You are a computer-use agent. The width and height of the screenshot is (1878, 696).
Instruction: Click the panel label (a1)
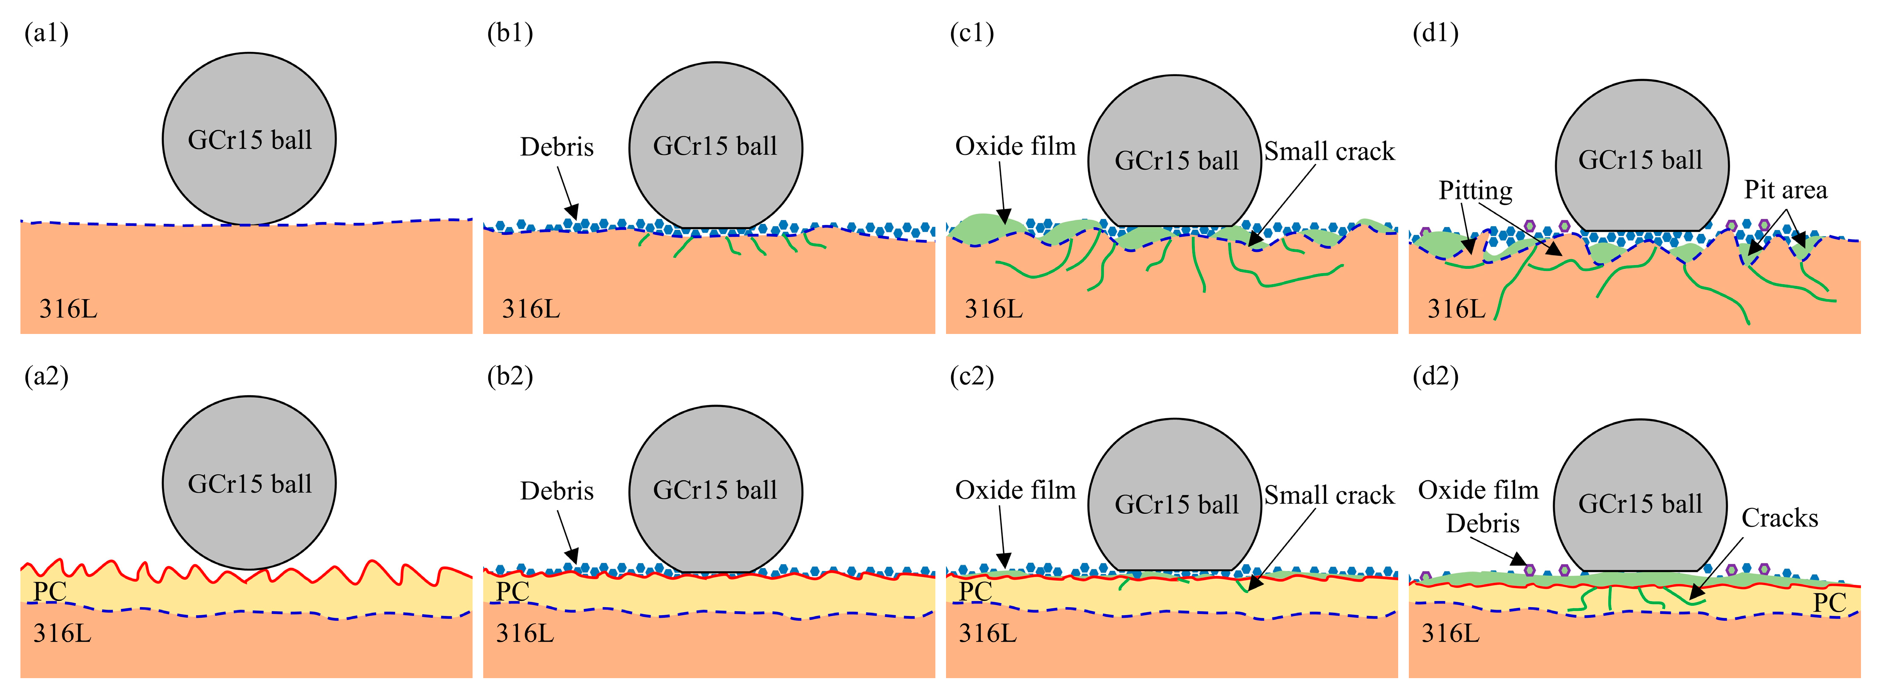coord(46,34)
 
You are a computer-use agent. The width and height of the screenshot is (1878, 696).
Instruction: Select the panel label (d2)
coord(1436,377)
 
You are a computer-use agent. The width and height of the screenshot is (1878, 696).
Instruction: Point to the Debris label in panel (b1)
coord(556,147)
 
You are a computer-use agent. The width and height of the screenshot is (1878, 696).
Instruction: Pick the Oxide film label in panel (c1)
coord(1015,146)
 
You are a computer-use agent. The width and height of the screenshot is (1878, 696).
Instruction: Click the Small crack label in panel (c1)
coord(1329,151)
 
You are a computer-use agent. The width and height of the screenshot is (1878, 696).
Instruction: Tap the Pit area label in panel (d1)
coord(1785,190)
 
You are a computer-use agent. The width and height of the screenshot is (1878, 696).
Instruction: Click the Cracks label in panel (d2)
coord(1780,518)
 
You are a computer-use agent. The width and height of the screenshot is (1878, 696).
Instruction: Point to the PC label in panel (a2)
coord(50,591)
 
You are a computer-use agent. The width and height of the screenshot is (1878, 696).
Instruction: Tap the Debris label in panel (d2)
coord(1483,523)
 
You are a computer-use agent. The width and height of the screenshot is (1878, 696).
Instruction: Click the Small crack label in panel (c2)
coord(1329,496)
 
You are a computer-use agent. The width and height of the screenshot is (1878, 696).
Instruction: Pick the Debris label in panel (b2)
coord(556,491)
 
